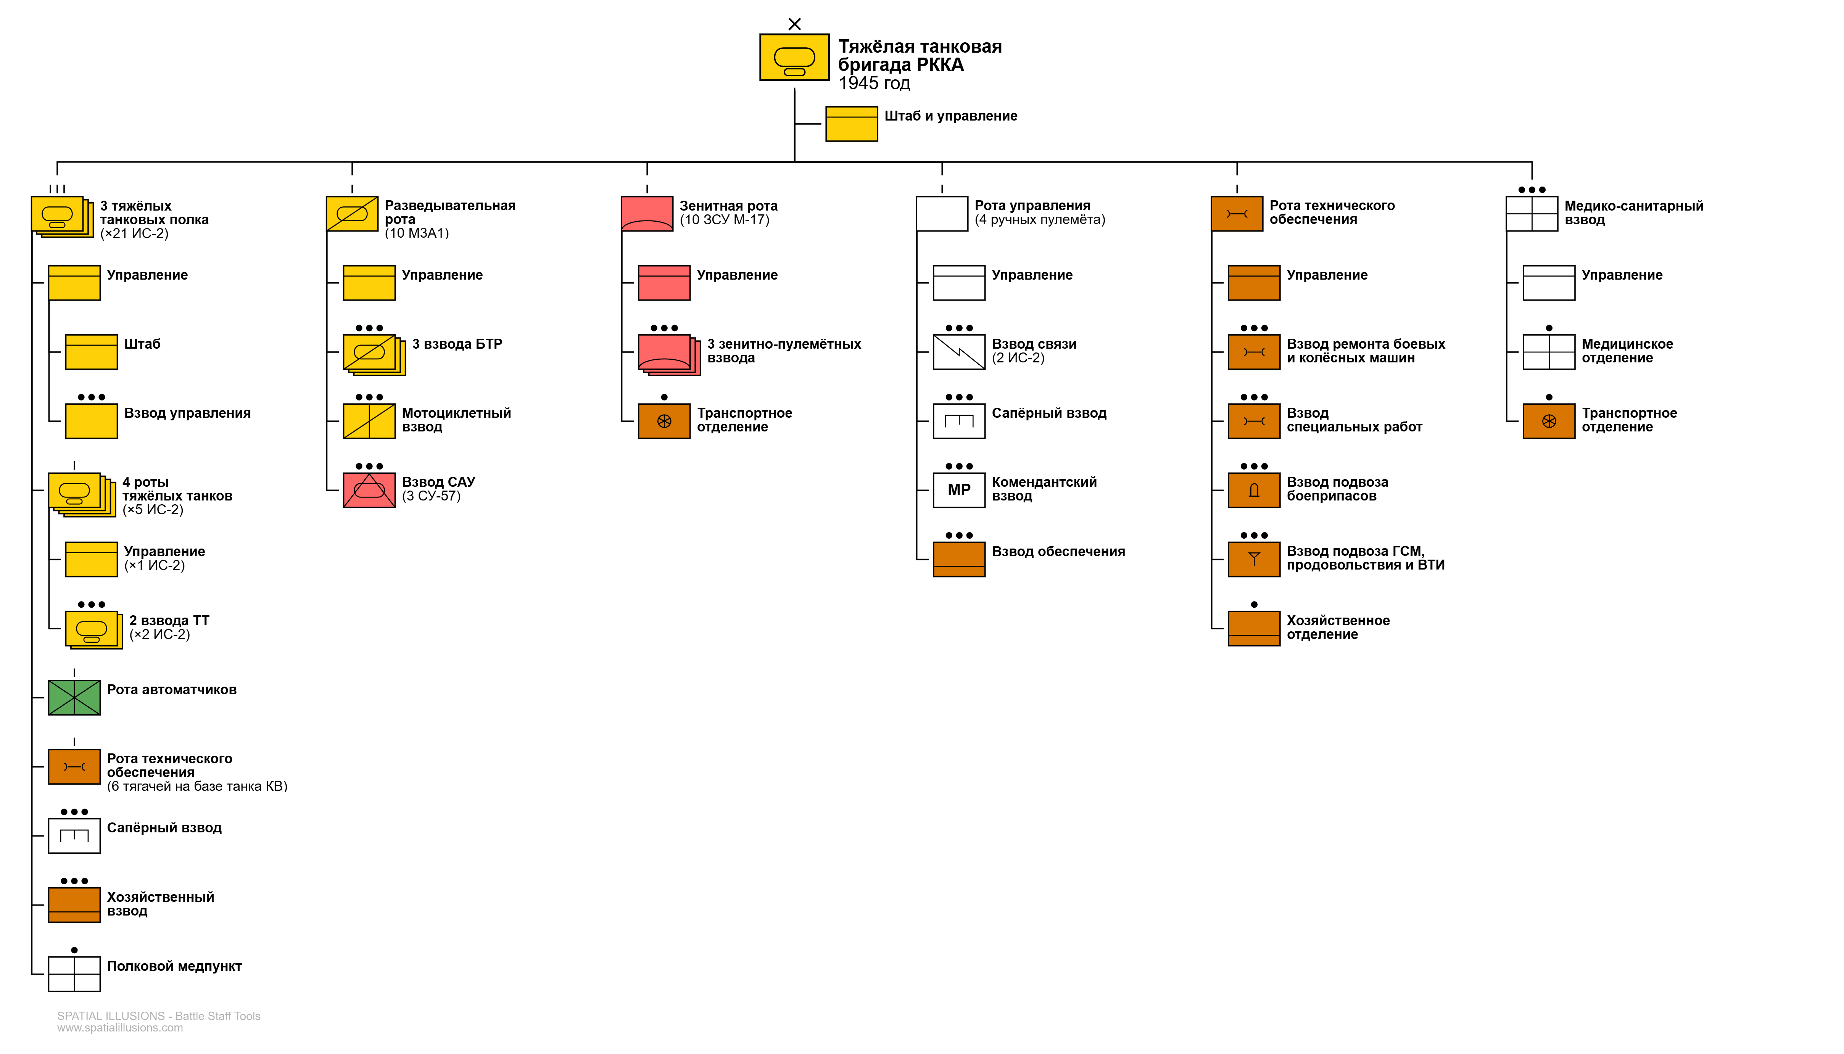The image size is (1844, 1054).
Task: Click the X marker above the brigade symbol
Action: [794, 24]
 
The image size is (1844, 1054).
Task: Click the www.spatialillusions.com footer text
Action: [120, 1028]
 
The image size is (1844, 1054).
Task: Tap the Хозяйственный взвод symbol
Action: [74, 905]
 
